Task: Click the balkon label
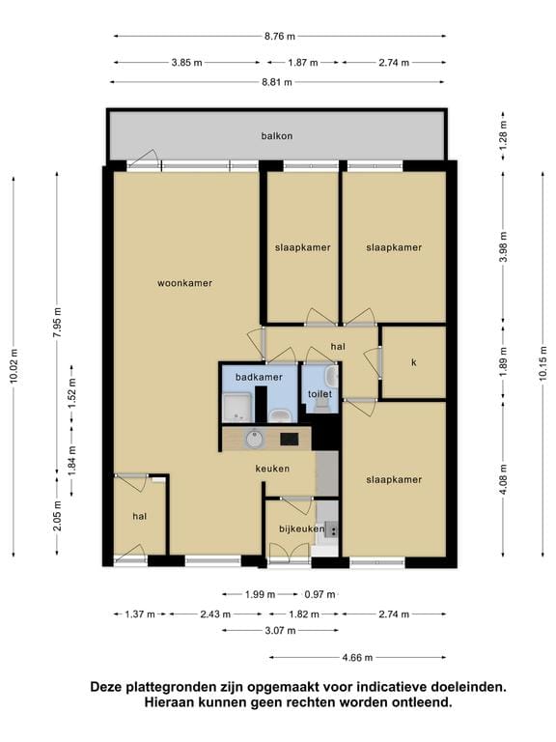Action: pyautogui.click(x=276, y=136)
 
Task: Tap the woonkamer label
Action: pyautogui.click(x=184, y=283)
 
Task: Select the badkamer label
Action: pyautogui.click(x=258, y=377)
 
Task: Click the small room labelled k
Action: pyautogui.click(x=413, y=362)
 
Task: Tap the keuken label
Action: pyautogui.click(x=273, y=469)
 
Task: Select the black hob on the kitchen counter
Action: pyautogui.click(x=289, y=440)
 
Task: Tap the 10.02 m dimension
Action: pyautogui.click(x=13, y=367)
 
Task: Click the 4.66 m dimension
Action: pyautogui.click(x=357, y=657)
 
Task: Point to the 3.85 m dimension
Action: pyautogui.click(x=186, y=62)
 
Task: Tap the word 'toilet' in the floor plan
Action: pyautogui.click(x=320, y=394)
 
